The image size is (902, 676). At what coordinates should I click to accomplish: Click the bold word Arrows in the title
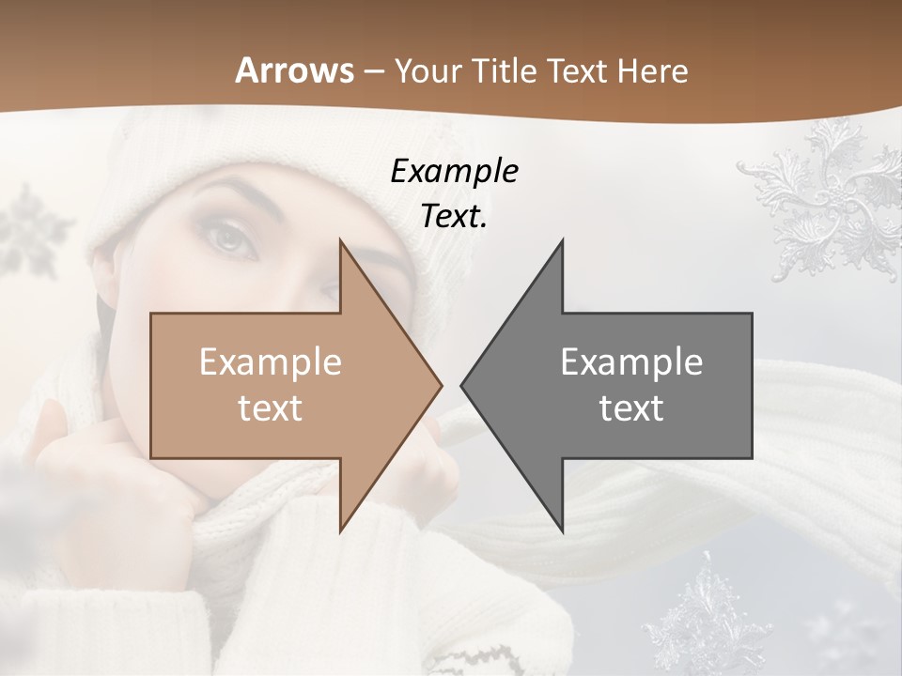pos(294,70)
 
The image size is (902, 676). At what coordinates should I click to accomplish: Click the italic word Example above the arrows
pos(454,171)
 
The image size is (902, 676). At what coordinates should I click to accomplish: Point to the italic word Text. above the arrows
pos(454,216)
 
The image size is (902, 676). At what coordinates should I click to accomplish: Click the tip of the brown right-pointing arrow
pos(441,385)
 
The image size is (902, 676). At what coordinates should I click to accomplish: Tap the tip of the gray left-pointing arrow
pos(462,385)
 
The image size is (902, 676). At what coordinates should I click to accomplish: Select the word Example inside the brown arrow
pos(270,361)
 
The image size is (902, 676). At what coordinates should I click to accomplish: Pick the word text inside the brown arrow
pos(270,407)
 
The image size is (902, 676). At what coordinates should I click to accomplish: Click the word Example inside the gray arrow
pos(631,361)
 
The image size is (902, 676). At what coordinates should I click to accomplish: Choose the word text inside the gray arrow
pos(631,407)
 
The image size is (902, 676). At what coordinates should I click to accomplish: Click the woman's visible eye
pos(232,238)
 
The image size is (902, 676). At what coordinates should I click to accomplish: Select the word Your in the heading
pos(428,70)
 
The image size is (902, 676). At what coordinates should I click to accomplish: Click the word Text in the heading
pos(579,70)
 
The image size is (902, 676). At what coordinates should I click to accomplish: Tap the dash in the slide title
pos(373,71)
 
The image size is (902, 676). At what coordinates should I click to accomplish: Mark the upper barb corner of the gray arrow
pos(562,240)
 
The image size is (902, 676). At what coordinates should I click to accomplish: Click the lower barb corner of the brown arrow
pos(340,531)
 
